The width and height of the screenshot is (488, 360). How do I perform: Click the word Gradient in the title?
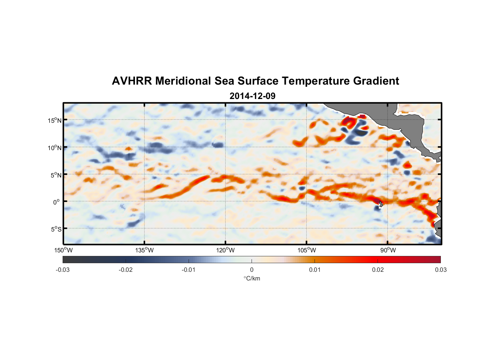pyautogui.click(x=376, y=81)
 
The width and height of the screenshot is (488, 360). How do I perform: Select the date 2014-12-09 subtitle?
pyautogui.click(x=252, y=96)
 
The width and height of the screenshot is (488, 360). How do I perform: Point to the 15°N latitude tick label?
pyautogui.click(x=55, y=120)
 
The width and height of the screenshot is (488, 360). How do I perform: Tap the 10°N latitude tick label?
pyautogui.click(x=55, y=148)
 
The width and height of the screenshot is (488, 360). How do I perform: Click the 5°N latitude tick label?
pyautogui.click(x=56, y=175)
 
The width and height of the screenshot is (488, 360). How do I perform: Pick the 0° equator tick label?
pyautogui.click(x=57, y=202)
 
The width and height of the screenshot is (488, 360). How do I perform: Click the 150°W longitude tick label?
pyautogui.click(x=63, y=250)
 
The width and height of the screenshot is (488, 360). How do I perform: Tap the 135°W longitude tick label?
pyautogui.click(x=144, y=250)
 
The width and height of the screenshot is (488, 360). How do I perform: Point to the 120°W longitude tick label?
pyautogui.click(x=225, y=250)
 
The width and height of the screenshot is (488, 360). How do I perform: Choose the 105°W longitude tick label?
pyautogui.click(x=307, y=250)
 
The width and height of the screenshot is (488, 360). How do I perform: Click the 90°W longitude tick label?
pyautogui.click(x=388, y=250)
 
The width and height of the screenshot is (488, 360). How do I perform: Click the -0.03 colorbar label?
pyautogui.click(x=63, y=270)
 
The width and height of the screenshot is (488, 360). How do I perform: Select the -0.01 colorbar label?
pyautogui.click(x=188, y=270)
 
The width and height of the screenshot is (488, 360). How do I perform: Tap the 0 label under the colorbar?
pyautogui.click(x=252, y=270)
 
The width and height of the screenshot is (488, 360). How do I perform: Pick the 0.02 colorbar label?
pyautogui.click(x=378, y=270)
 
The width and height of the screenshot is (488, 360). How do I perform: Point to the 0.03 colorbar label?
pyautogui.click(x=440, y=270)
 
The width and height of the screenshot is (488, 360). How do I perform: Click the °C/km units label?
pyautogui.click(x=252, y=278)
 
